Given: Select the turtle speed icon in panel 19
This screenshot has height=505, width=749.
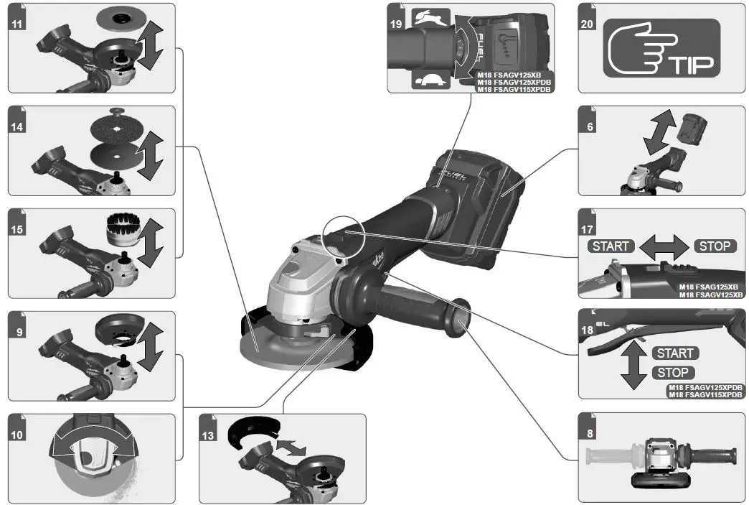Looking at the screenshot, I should tap(431, 80).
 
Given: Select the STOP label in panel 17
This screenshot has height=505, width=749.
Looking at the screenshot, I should tap(715, 246).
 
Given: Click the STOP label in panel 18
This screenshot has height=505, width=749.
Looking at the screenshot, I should tap(674, 372).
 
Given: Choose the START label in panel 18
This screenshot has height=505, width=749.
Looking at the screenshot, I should tap(674, 353).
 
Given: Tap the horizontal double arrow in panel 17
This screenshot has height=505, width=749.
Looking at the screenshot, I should tap(662, 246).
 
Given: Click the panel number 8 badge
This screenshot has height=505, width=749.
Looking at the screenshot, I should tap(588, 434).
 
